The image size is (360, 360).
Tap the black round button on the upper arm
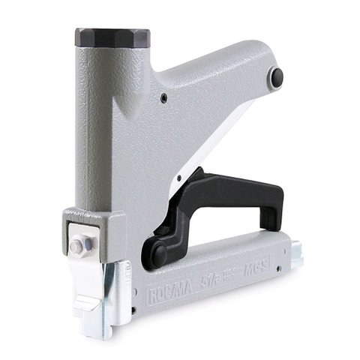[278, 75]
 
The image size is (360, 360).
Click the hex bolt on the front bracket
[79, 246]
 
